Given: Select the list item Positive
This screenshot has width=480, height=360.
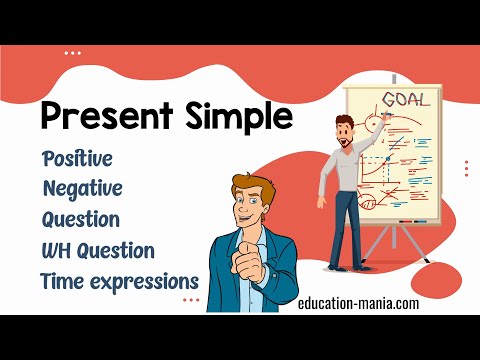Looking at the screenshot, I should [x=77, y=159].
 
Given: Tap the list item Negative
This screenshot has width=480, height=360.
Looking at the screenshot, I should [x=83, y=188].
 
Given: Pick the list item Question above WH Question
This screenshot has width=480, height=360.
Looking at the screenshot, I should [x=81, y=218].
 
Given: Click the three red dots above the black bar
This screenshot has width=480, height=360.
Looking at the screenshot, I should [x=191, y=299].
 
